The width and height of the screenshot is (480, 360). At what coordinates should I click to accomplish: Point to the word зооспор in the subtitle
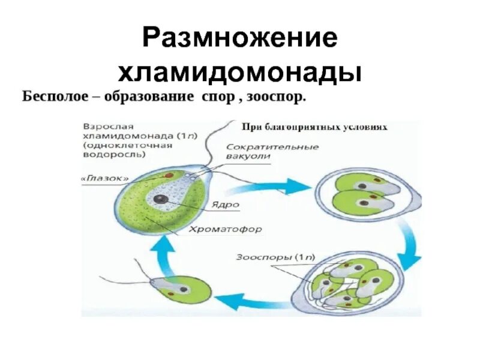pyautogui.click(x=277, y=97)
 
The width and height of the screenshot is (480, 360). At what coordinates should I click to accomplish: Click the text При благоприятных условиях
pyautogui.click(x=314, y=127)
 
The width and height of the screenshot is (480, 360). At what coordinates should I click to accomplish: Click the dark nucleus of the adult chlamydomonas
pyautogui.click(x=161, y=199)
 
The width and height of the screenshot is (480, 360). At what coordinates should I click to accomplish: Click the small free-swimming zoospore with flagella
pyautogui.click(x=180, y=289)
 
